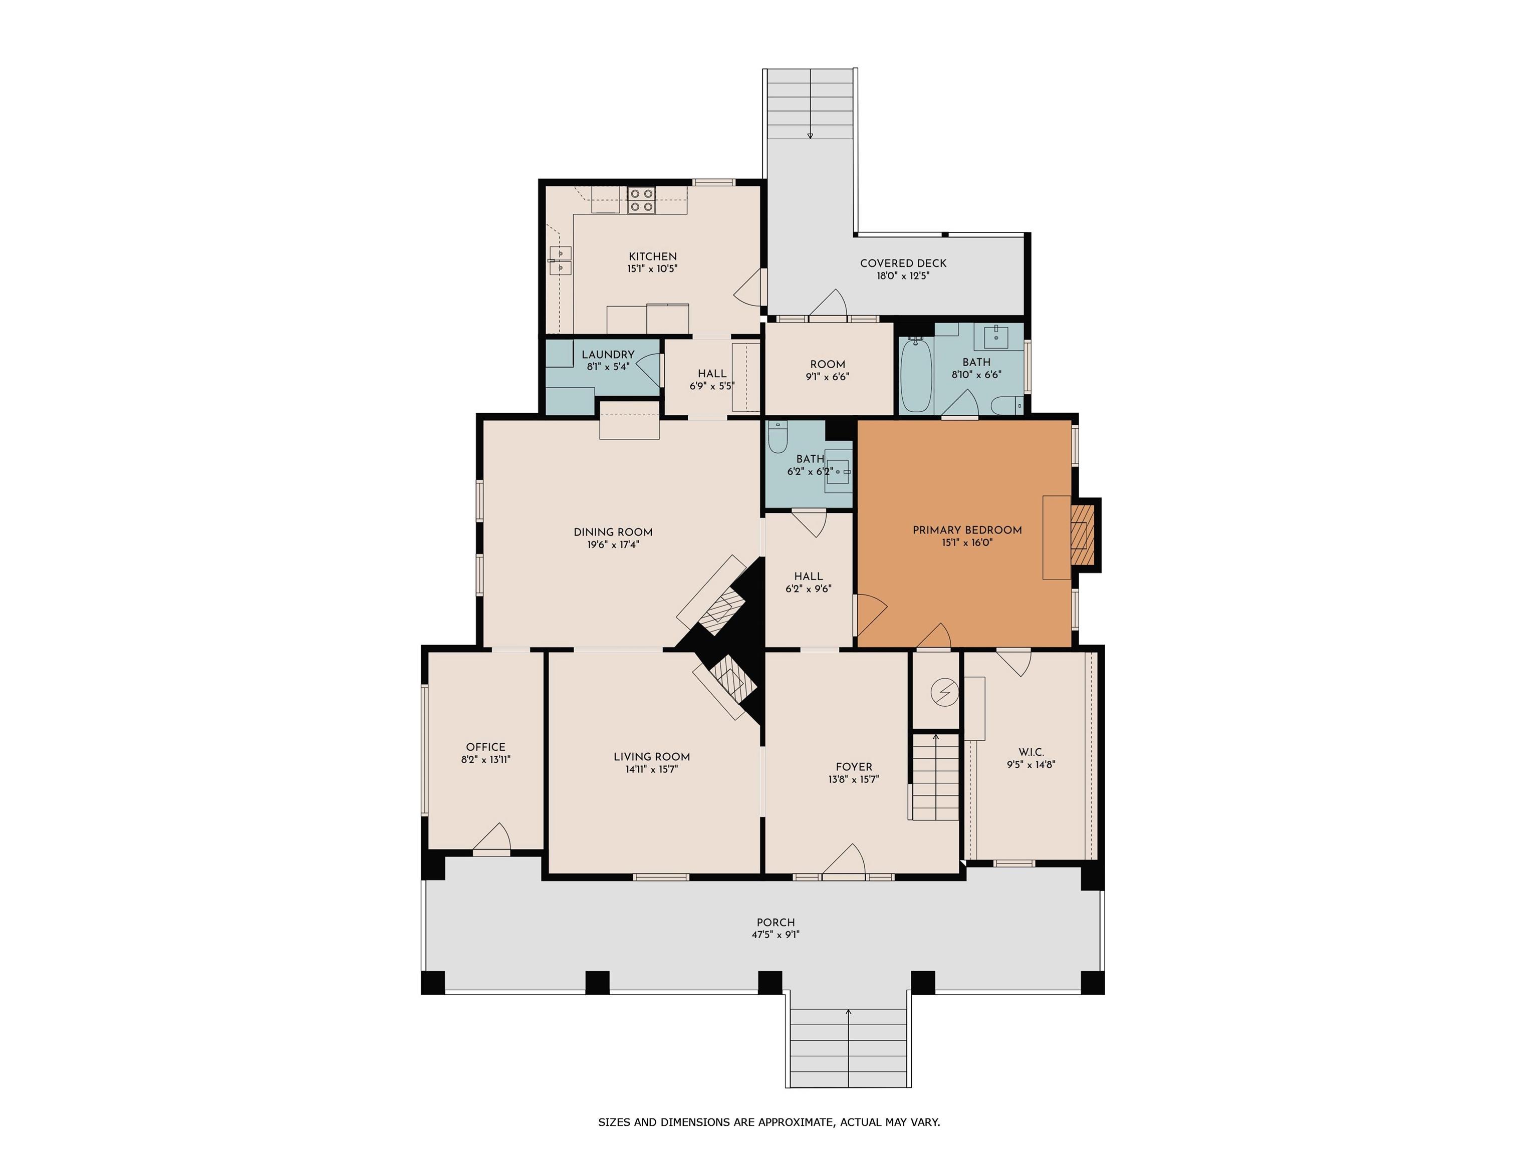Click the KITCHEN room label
pyautogui.click(x=653, y=256)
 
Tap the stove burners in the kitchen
pyautogui.click(x=641, y=200)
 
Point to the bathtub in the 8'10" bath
pyautogui.click(x=916, y=375)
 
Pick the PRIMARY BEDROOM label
pyautogui.click(x=967, y=530)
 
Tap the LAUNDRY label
pyautogui.click(x=608, y=355)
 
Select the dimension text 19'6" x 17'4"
pyautogui.click(x=613, y=544)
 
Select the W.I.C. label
pyautogui.click(x=1031, y=752)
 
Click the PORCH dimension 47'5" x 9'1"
pyautogui.click(x=776, y=935)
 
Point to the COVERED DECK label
pyautogui.click(x=903, y=263)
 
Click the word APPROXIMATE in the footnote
pyautogui.click(x=793, y=1121)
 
